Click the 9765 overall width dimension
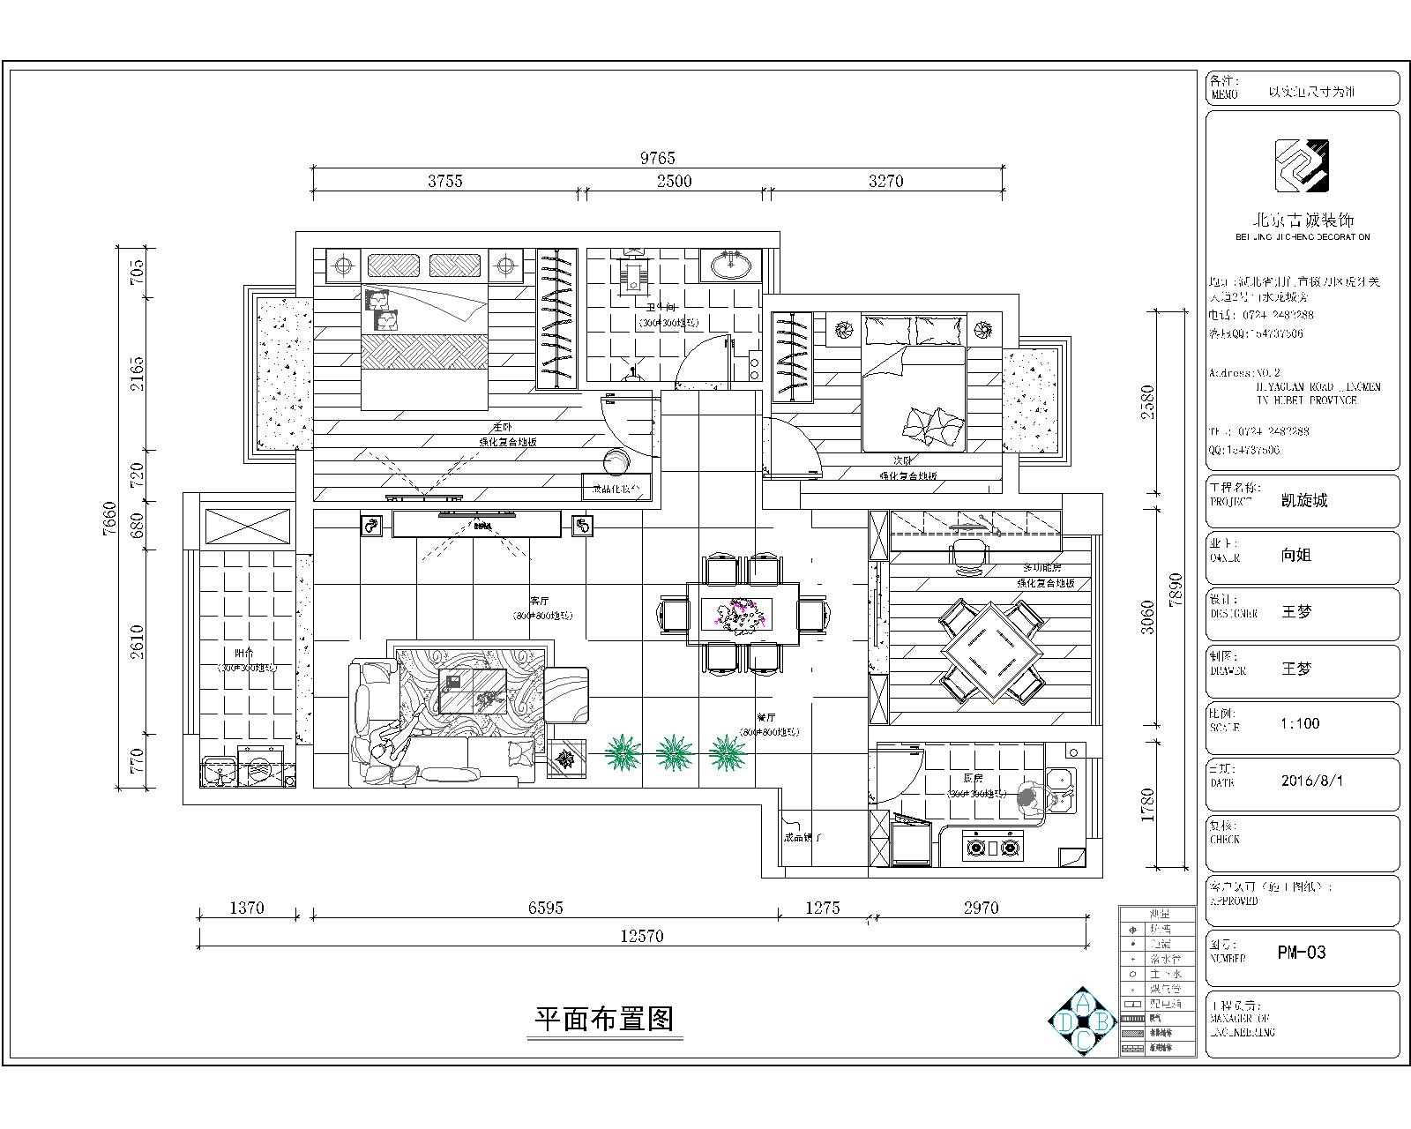(x=657, y=158)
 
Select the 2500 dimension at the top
(x=674, y=181)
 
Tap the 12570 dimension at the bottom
(x=641, y=937)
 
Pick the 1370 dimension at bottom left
(x=247, y=908)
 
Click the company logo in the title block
(x=1301, y=166)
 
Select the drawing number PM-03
(x=1301, y=953)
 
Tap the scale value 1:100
(x=1300, y=724)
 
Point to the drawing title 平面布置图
(x=605, y=1020)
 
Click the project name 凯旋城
(x=1303, y=501)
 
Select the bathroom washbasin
(x=730, y=264)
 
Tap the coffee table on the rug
(x=473, y=691)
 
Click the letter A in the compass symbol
(x=1084, y=1002)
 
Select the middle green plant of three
(x=674, y=752)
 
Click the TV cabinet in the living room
(x=477, y=524)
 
